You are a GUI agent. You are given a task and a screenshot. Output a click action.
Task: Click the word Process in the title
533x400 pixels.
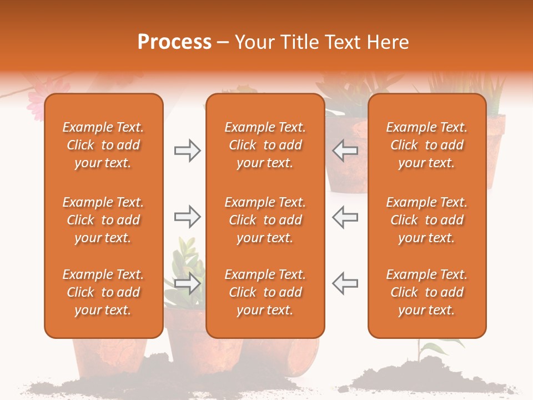174,42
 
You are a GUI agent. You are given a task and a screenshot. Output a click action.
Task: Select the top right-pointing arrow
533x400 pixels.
187,151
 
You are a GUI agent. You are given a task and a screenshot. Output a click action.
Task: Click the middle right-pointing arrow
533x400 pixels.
187,217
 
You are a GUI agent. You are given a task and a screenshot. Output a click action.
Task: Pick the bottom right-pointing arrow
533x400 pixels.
187,283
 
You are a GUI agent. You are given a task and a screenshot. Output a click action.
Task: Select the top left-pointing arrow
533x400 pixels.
345,151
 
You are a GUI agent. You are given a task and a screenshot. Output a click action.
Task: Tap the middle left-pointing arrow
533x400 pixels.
345,217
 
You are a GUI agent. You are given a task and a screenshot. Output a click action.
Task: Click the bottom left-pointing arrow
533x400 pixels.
345,283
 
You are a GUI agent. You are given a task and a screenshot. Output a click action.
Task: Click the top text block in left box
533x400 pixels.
103,145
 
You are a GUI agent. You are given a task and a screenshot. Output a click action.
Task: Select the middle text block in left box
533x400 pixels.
103,220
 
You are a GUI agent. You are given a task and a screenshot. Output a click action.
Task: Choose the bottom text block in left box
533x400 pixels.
103,292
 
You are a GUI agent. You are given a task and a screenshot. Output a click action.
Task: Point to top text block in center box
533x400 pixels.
265,145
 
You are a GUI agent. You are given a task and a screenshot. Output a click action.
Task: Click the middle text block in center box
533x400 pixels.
265,220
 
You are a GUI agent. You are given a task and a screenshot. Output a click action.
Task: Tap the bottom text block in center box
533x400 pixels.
265,292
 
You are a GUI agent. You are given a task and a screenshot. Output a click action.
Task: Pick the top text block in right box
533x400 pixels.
426,145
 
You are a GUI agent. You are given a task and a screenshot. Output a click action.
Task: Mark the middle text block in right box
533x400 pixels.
426,220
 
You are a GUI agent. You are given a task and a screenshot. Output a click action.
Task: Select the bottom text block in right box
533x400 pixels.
426,292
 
